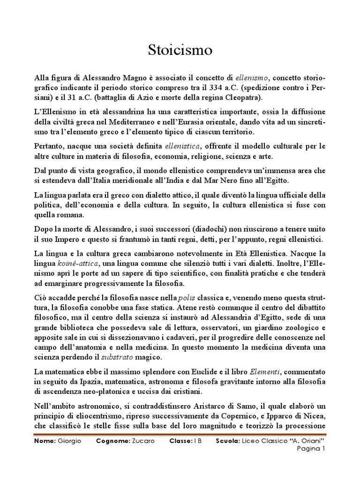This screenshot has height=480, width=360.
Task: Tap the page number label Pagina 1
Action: point(311,449)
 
